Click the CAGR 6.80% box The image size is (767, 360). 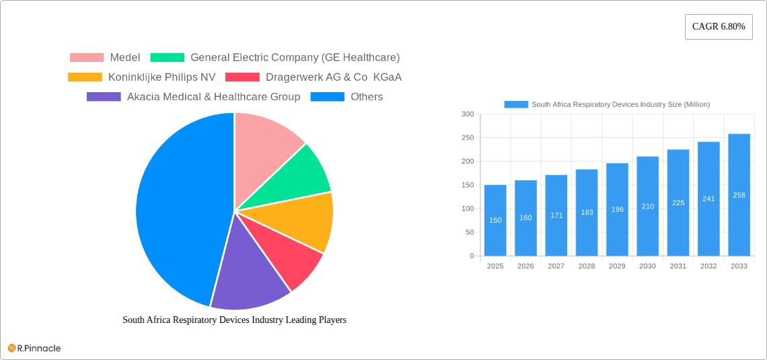719,27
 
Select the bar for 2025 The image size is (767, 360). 495,221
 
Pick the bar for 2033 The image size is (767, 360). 739,195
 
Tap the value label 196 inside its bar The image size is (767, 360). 617,209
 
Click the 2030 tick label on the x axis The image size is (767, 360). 647,266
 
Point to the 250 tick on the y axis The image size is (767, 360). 467,138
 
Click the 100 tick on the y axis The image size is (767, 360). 467,209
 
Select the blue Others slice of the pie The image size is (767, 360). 175,209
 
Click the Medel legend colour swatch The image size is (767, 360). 86,58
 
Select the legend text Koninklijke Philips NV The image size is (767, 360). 161,77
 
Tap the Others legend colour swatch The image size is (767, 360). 327,97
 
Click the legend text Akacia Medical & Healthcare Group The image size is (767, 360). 213,97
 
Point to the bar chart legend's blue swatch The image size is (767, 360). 516,104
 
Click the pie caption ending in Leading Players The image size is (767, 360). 234,320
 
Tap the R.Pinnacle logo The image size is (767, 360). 34,348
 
